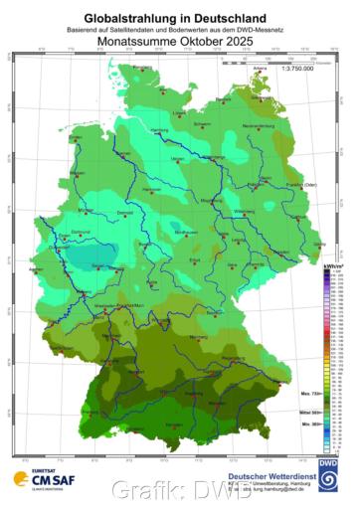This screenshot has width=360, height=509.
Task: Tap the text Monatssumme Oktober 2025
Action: point(180,44)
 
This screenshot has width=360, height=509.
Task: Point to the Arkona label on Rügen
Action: point(262,67)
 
